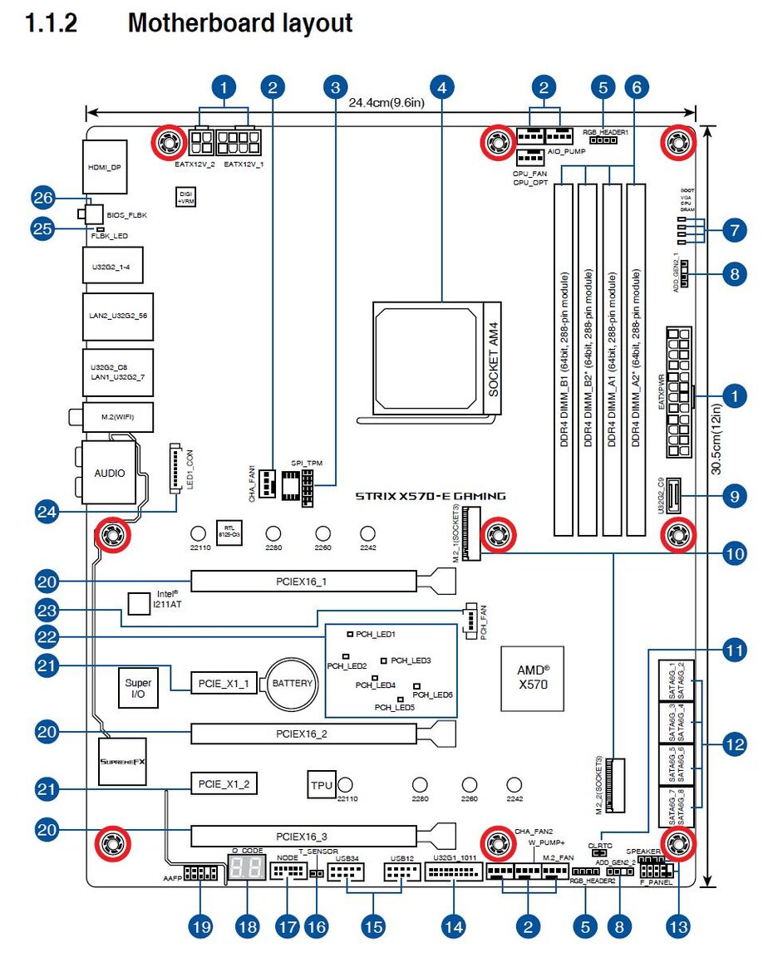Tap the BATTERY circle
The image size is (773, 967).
pos(292,684)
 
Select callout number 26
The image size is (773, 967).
pos(42,199)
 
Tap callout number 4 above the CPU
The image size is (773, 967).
pos(443,86)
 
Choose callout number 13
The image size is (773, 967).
pos(678,926)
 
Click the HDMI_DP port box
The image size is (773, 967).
pos(106,167)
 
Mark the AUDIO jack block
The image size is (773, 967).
pos(109,472)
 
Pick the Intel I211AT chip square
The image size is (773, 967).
pos(139,601)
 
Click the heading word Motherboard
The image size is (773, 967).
pos(240,23)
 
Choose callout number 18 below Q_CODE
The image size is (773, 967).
pos(247,926)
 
